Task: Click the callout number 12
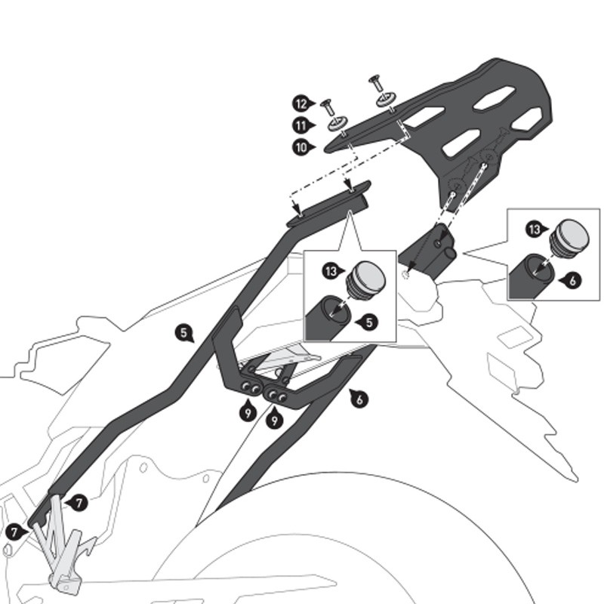tap(300, 103)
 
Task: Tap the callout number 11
tap(300, 125)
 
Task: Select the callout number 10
tap(300, 148)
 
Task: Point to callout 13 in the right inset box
tap(535, 229)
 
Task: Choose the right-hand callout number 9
tap(274, 420)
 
